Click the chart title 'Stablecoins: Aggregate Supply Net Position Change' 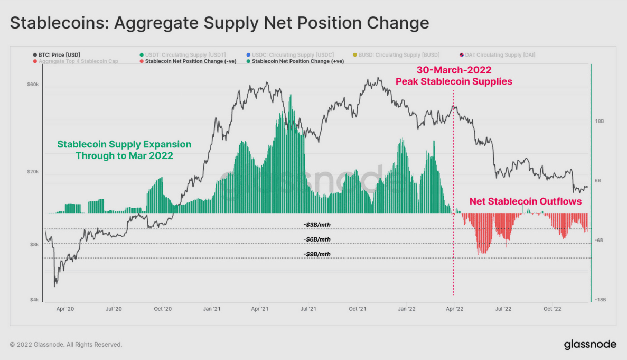tap(219, 23)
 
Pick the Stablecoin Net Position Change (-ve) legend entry tap(182, 61)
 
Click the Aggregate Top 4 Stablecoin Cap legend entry tap(74, 61)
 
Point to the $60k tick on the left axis tap(32, 85)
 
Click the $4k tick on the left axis tap(34, 300)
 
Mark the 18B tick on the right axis tap(599, 121)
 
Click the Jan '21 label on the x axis tap(212, 309)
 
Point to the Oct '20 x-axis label tap(163, 309)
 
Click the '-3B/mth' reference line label tap(317, 225)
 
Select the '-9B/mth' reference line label tap(317, 254)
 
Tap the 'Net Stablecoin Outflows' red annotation tap(525, 201)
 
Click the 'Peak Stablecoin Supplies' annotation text tap(454, 81)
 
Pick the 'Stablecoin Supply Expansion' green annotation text tap(124, 144)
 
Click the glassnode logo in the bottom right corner tap(589, 345)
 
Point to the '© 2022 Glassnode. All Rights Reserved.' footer tap(66, 345)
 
